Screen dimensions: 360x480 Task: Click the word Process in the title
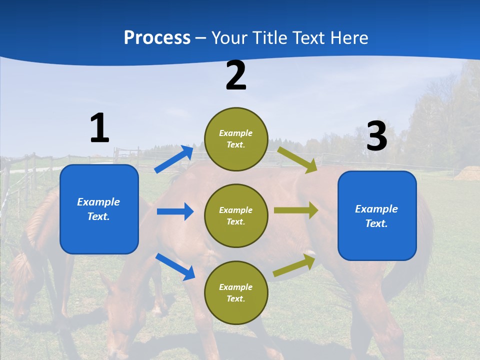pos(157,38)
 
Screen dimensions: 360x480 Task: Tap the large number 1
pos(99,128)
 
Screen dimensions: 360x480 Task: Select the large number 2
pos(236,75)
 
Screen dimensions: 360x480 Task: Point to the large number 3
pos(376,136)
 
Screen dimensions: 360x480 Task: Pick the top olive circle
pos(236,139)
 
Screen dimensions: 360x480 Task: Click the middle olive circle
pos(236,215)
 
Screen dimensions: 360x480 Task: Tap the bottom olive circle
pos(236,292)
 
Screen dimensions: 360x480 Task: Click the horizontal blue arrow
pos(175,211)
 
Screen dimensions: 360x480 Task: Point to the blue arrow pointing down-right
pos(175,266)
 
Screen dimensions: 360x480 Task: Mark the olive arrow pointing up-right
pos(294,265)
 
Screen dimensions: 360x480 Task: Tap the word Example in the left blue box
pos(98,202)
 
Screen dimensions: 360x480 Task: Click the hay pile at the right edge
pos(468,173)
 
